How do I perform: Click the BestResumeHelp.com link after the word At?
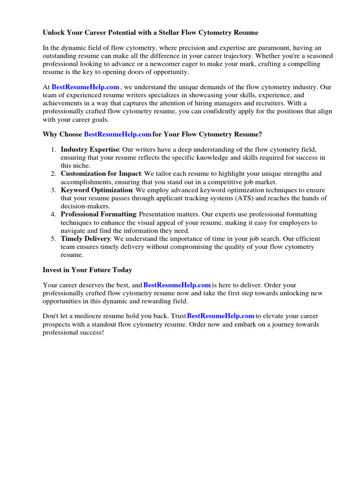(85, 87)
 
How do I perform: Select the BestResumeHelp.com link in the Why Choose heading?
(118, 135)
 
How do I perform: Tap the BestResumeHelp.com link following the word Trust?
(221, 316)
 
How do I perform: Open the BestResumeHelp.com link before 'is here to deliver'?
(177, 285)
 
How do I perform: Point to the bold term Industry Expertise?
(90, 150)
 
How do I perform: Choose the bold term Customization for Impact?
(101, 173)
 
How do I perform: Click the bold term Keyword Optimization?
(97, 190)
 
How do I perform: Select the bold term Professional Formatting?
(98, 214)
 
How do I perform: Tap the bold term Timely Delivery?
(85, 239)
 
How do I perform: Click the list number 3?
(53, 190)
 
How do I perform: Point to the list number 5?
(53, 239)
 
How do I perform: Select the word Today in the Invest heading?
(122, 270)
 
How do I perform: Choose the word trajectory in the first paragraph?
(223, 56)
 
